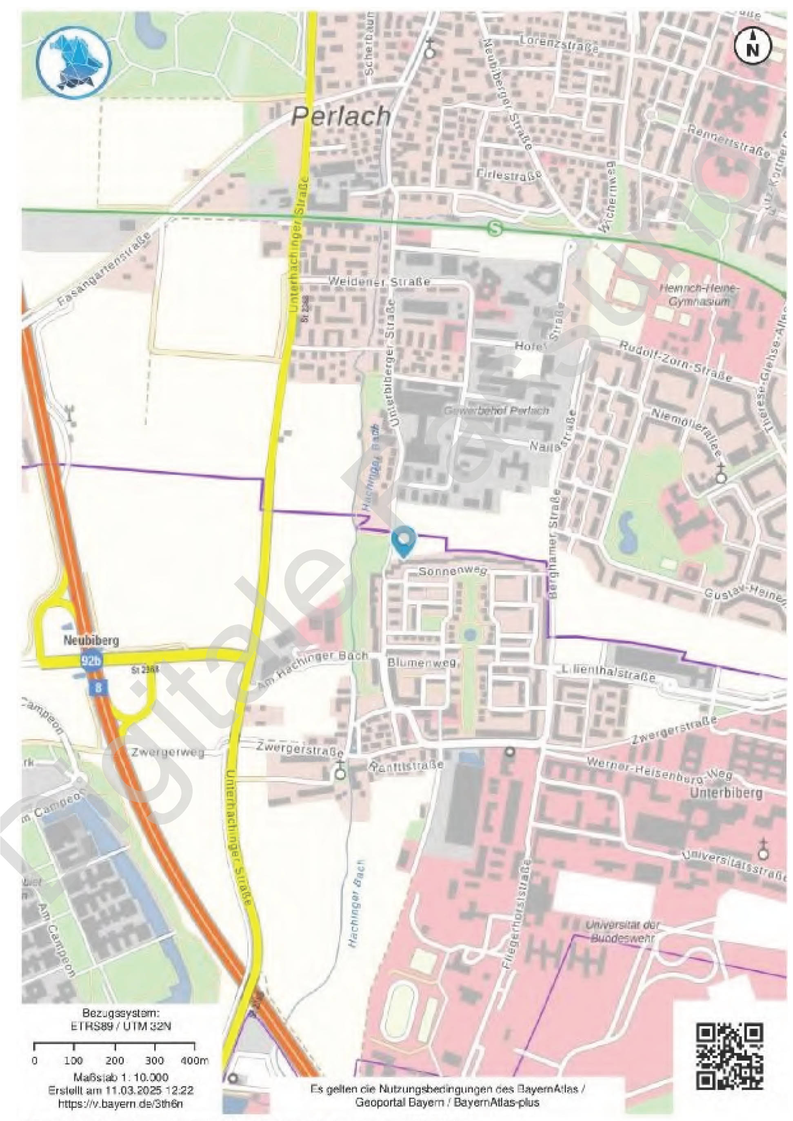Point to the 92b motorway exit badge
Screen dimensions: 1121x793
click(91, 661)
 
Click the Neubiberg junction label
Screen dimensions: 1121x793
click(91, 641)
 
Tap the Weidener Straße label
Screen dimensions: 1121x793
click(380, 282)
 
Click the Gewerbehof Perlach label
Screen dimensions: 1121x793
click(496, 411)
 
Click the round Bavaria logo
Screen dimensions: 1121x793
click(74, 62)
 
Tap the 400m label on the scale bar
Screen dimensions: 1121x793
click(194, 1061)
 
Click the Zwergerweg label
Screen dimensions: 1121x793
click(167, 753)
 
